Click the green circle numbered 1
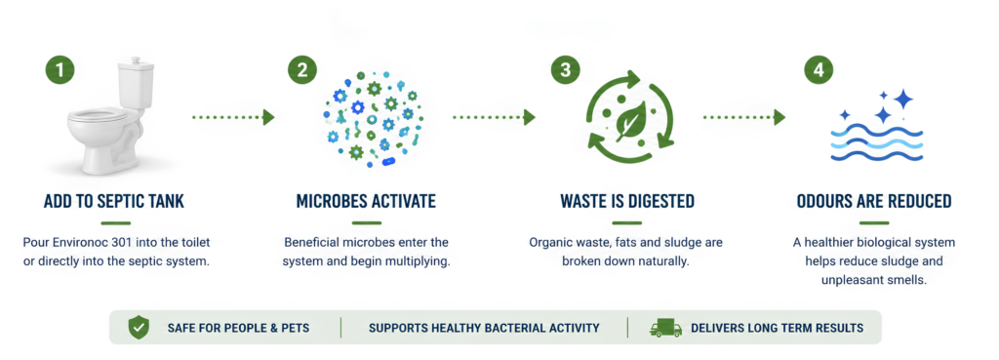pyautogui.click(x=60, y=70)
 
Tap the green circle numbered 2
pyautogui.click(x=302, y=70)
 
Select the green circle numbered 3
pyautogui.click(x=566, y=70)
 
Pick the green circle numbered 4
pyautogui.click(x=819, y=70)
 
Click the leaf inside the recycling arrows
pyautogui.click(x=631, y=120)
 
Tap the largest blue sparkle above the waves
pyautogui.click(x=902, y=99)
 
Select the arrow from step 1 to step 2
pyautogui.click(x=233, y=117)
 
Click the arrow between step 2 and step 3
pyautogui.click(x=495, y=117)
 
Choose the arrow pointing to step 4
pyautogui.click(x=744, y=117)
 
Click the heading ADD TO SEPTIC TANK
pyautogui.click(x=114, y=202)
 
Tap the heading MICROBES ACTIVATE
pyautogui.click(x=367, y=202)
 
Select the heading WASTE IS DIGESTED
pyautogui.click(x=627, y=202)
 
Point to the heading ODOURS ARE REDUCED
pyautogui.click(x=874, y=202)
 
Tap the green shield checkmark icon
pyautogui.click(x=138, y=328)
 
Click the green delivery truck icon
pyautogui.click(x=665, y=328)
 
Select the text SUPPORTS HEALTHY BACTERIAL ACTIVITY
pyautogui.click(x=484, y=328)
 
